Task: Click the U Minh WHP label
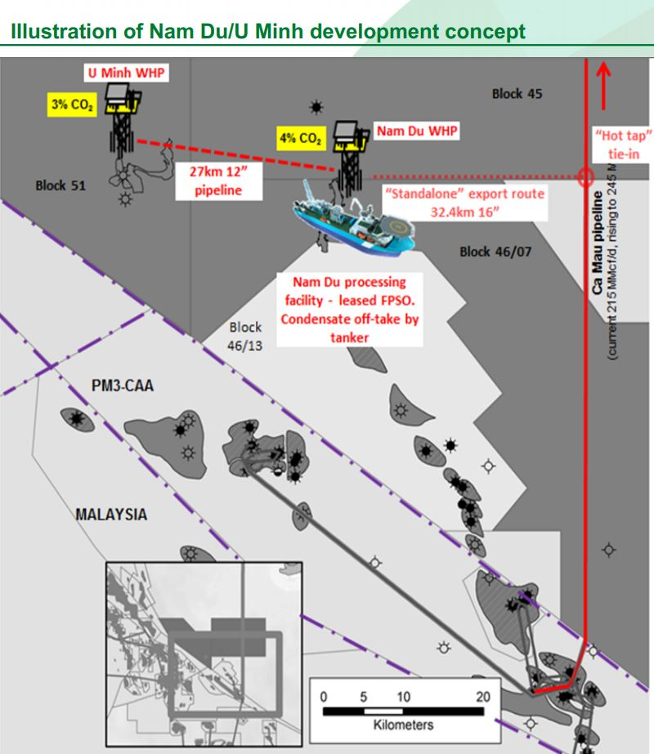[127, 74]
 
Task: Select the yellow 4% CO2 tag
[300, 139]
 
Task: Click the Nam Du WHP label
[416, 131]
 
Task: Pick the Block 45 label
[517, 94]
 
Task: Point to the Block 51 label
[61, 185]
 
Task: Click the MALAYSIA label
[111, 515]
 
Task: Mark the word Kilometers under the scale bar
[403, 725]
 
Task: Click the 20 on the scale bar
[482, 697]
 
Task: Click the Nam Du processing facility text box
[350, 309]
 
